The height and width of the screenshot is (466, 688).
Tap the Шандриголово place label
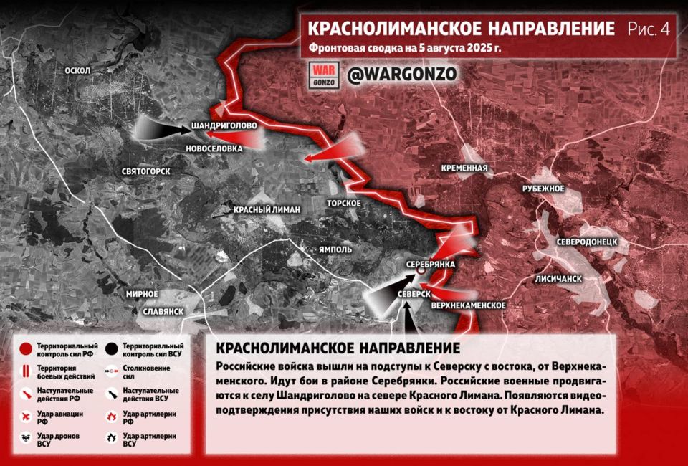coord(224,126)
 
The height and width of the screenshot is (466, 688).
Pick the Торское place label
coord(343,203)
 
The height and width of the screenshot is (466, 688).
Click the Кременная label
coord(465,169)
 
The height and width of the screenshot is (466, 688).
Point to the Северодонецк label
coord(587,242)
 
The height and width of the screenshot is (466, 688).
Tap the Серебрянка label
coord(431,265)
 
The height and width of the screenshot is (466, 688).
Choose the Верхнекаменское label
coord(469,305)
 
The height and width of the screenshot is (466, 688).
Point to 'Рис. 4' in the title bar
coord(649,29)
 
